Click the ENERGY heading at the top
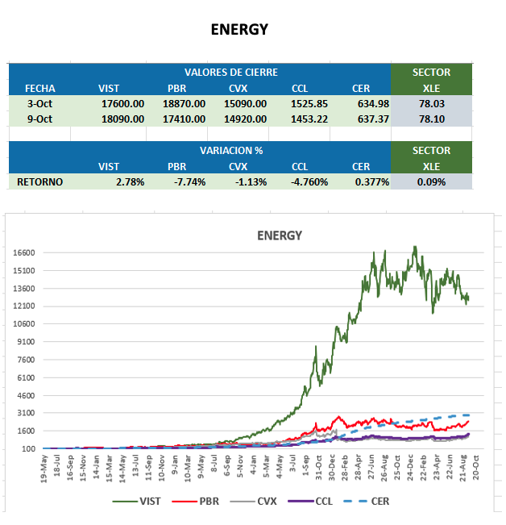point(239,30)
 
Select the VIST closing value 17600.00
point(122,103)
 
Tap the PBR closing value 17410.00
point(184,119)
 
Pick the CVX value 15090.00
point(245,103)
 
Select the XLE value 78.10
point(432,119)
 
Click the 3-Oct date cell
point(39,103)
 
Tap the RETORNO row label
point(39,181)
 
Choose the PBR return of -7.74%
point(189,181)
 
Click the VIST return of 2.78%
point(130,181)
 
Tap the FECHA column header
point(39,88)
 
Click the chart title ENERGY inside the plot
point(279,235)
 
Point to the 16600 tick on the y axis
point(23,252)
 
